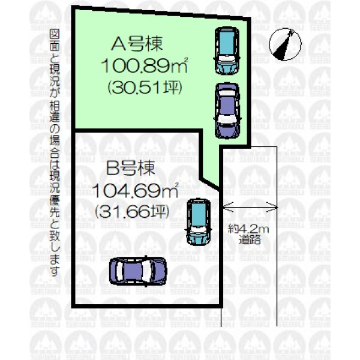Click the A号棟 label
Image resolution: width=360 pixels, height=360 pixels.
click(137, 44)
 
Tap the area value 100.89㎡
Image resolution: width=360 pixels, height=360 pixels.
click(145, 65)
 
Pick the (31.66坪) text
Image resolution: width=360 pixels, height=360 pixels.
click(133, 211)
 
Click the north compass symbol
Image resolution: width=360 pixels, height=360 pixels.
click(285, 44)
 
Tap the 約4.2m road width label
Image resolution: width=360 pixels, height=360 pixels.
click(248, 229)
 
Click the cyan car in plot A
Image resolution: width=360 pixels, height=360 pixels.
click(227, 51)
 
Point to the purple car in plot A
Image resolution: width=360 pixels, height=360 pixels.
click(227, 111)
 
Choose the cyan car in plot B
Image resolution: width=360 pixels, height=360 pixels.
click(199, 222)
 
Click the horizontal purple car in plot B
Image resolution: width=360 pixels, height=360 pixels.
click(138, 271)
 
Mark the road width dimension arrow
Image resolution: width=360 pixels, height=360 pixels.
click(250, 208)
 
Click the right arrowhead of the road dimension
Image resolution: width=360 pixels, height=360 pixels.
click(273, 208)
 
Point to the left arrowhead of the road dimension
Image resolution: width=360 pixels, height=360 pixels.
click(227, 208)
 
